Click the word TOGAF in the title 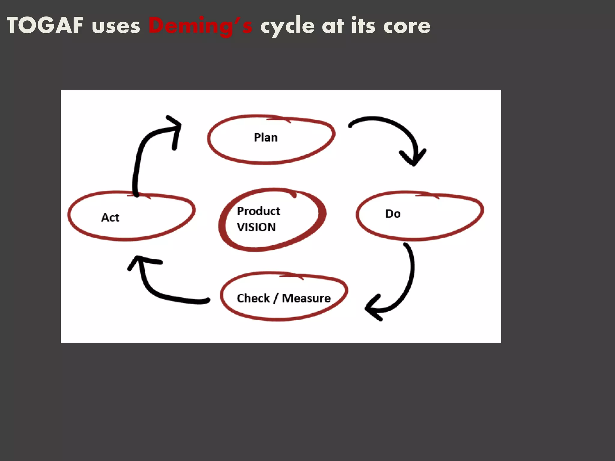click(x=45, y=26)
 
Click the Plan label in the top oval click(x=266, y=137)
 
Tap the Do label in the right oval click(x=393, y=214)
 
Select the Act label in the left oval click(x=110, y=217)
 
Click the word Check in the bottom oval click(x=253, y=298)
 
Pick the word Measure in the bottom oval click(x=306, y=298)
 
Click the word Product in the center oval click(x=258, y=211)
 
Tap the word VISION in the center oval click(x=256, y=227)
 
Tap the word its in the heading click(x=363, y=26)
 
